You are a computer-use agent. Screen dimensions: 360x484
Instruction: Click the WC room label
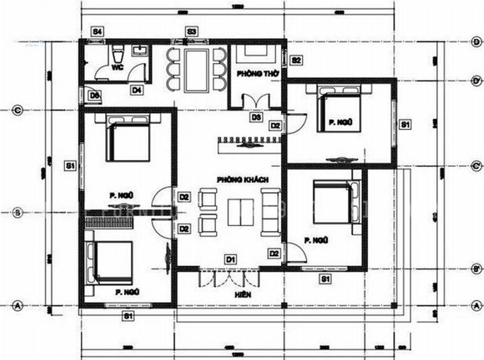pos(118,69)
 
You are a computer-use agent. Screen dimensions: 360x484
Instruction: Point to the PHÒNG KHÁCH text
pos(243,179)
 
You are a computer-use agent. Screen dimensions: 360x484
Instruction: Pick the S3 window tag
pos(191,31)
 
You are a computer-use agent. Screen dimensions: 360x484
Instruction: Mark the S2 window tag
pos(296,60)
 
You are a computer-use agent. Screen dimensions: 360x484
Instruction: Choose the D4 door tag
pos(137,90)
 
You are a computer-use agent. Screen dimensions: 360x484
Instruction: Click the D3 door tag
pos(255,117)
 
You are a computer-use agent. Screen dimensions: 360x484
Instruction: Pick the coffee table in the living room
pos(240,212)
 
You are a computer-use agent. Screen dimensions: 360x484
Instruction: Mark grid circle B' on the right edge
pos(475,268)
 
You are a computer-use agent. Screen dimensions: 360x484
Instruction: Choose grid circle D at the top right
pos(475,42)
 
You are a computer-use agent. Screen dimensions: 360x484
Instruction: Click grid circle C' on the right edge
pos(475,166)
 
